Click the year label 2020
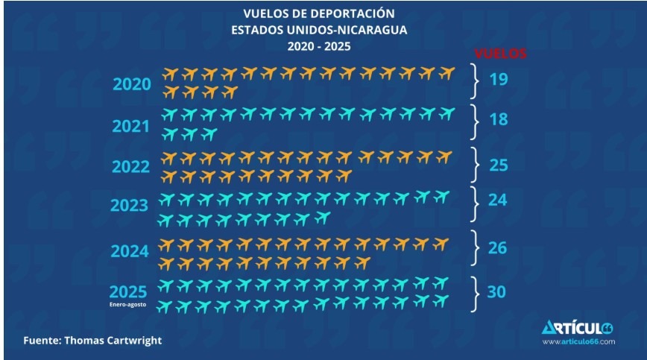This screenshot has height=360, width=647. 131,84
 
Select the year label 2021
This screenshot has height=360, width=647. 131,126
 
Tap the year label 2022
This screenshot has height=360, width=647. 131,166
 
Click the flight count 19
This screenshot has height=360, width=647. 499,79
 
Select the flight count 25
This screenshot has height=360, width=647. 499,165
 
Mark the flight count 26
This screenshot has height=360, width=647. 499,247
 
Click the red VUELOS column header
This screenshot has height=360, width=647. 501,54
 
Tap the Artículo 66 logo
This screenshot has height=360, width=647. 578,328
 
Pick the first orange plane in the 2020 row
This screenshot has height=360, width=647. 171,74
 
